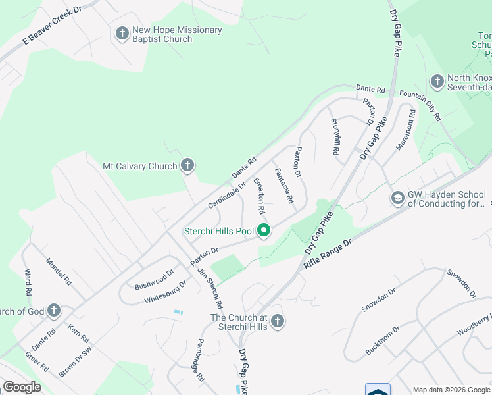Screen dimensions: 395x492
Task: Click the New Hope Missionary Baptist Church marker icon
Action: [122, 33]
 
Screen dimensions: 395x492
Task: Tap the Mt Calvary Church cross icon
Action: [187, 165]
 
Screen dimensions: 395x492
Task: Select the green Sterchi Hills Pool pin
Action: [264, 230]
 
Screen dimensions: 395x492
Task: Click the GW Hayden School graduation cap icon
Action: [397, 198]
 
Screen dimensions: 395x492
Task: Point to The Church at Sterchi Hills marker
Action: [278, 321]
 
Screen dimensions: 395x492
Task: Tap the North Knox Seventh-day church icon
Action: [437, 82]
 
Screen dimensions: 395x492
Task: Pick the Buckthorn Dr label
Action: [381, 340]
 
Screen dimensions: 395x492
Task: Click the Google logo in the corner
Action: [22, 387]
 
